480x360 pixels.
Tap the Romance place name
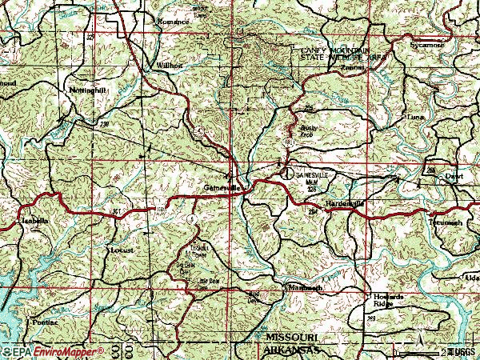[174, 22]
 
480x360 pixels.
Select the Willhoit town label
[171, 65]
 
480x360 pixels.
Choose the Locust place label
[122, 250]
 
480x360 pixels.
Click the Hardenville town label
[345, 204]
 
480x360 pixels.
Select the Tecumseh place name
[445, 222]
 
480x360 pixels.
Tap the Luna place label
[415, 118]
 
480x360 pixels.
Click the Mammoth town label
[305, 287]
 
